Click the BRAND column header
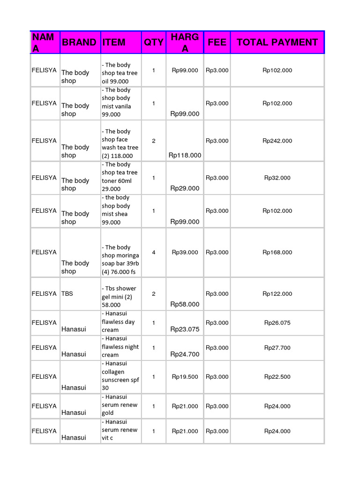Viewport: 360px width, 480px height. coord(79,42)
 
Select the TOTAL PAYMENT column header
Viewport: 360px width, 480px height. coord(277,42)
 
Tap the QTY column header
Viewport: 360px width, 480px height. coord(153,42)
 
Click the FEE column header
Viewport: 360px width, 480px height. coord(217,42)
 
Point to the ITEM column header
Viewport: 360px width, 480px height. coord(114,42)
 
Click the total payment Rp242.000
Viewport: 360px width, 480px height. coord(277,141)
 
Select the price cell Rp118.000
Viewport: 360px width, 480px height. coord(185,155)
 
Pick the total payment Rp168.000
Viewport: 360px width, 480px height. coord(277,252)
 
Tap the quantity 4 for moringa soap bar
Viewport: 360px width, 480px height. coord(154,252)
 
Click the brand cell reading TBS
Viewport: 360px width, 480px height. coord(67,293)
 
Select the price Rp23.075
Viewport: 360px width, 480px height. coord(185,329)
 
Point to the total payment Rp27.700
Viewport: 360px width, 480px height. coord(277,348)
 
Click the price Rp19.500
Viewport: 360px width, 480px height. coord(185,377)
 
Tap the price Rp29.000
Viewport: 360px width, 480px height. coord(185,188)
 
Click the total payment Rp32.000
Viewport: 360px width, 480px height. coord(277,178)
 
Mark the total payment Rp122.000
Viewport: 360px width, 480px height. coord(277,294)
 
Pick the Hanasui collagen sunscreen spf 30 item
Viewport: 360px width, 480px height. coord(120,376)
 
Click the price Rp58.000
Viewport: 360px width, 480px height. coord(185,304)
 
